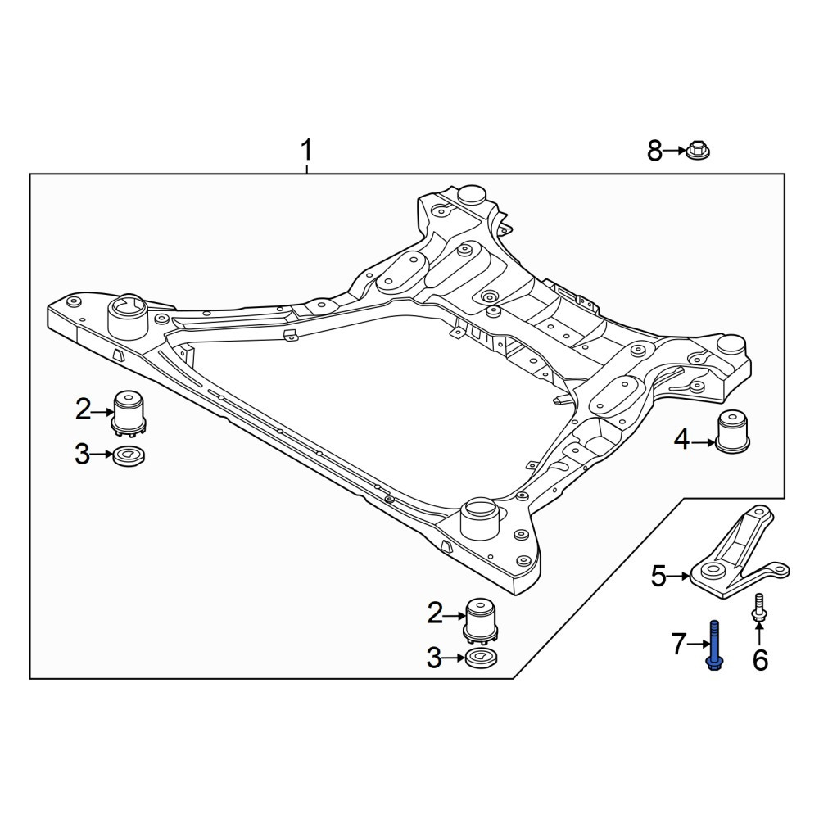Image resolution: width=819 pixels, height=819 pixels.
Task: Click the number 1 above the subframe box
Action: click(306, 151)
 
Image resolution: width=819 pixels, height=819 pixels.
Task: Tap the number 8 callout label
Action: click(654, 151)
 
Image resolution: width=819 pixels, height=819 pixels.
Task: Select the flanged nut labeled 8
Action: click(698, 151)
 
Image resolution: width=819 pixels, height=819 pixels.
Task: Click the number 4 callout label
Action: click(681, 441)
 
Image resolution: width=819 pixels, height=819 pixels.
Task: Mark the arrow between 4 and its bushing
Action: click(703, 443)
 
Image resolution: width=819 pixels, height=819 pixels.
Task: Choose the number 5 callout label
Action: click(658, 576)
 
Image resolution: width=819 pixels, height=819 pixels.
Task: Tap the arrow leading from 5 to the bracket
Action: click(679, 576)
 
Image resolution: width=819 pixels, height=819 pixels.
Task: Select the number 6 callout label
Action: click(760, 660)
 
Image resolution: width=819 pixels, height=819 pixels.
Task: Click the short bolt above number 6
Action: click(759, 608)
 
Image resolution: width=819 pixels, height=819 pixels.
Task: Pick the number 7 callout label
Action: click(678, 644)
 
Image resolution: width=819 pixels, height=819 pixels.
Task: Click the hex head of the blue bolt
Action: click(714, 663)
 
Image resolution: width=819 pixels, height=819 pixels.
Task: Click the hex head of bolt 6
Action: click(759, 618)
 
